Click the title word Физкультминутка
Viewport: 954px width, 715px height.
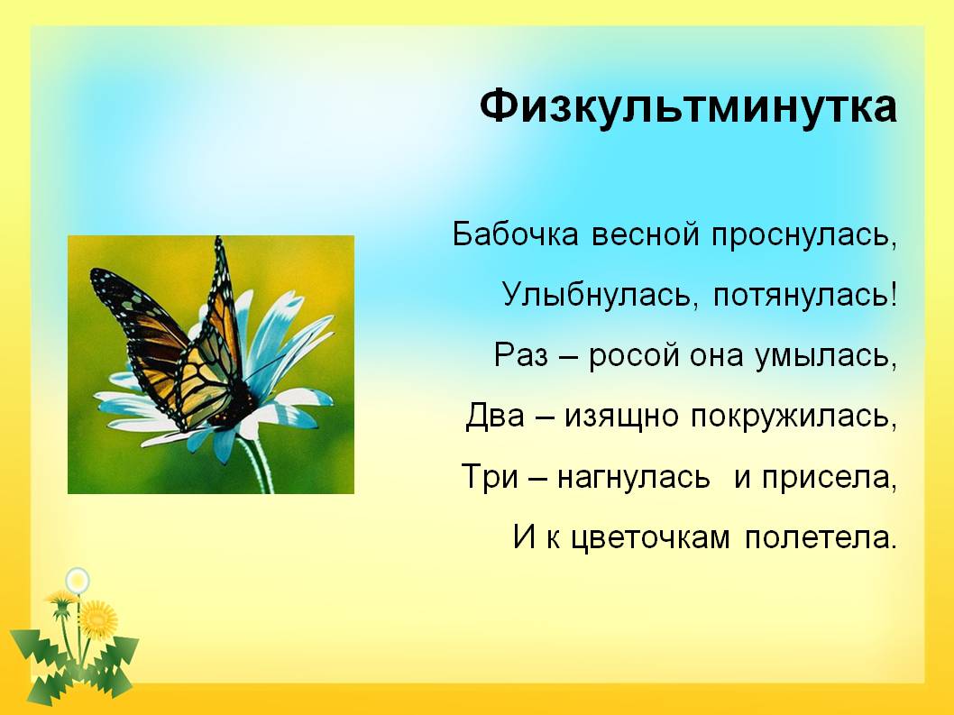point(688,107)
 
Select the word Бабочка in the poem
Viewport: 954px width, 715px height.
point(516,234)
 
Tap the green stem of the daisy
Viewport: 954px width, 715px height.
point(259,463)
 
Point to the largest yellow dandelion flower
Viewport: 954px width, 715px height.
point(98,620)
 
